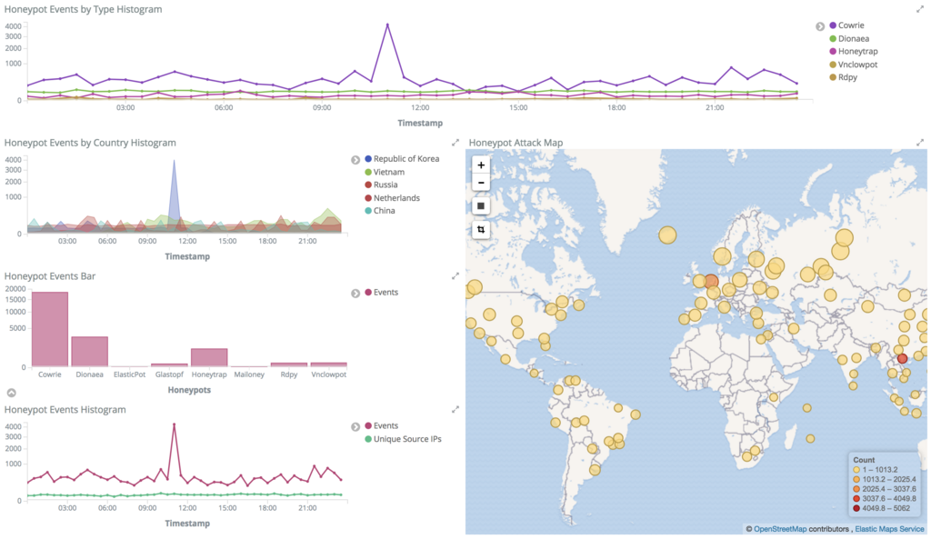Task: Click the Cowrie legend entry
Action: tap(850, 25)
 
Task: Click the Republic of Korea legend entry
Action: tap(405, 159)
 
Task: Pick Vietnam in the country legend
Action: tap(388, 172)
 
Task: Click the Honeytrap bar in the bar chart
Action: tap(209, 357)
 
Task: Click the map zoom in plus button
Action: tap(482, 165)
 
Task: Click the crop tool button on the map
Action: tap(482, 230)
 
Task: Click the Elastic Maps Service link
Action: tap(890, 528)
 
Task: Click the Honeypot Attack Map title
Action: tap(516, 143)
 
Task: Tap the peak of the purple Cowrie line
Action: tap(387, 25)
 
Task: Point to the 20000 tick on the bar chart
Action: tap(15, 289)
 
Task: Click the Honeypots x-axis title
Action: tap(190, 390)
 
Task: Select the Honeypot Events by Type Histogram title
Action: tap(84, 9)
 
